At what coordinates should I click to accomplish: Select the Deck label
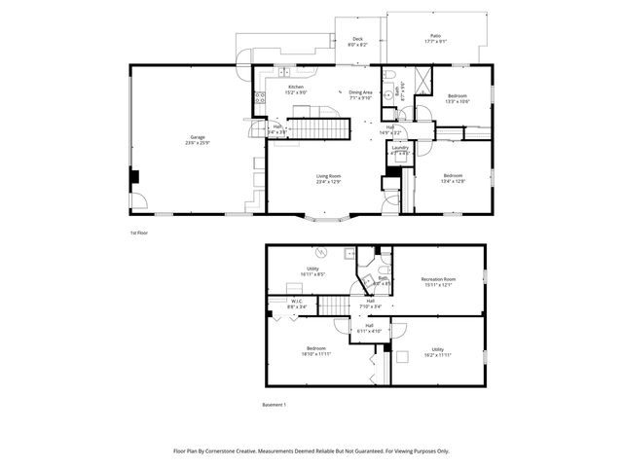click(x=358, y=42)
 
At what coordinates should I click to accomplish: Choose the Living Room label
click(x=328, y=178)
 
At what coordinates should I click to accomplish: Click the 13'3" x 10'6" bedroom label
click(x=458, y=99)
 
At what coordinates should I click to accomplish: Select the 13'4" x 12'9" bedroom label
click(x=454, y=178)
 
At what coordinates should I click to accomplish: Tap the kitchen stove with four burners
click(x=260, y=97)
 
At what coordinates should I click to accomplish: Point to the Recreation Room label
click(x=437, y=281)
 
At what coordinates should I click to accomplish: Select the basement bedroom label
click(x=316, y=351)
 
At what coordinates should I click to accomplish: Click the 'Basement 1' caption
click(x=276, y=405)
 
